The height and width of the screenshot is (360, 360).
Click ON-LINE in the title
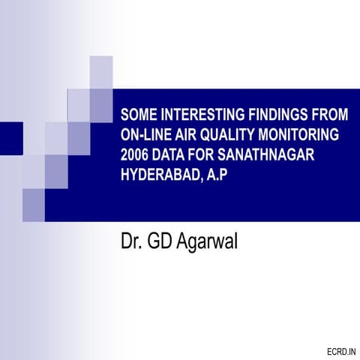point(147,136)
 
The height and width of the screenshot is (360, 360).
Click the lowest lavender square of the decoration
point(34,205)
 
